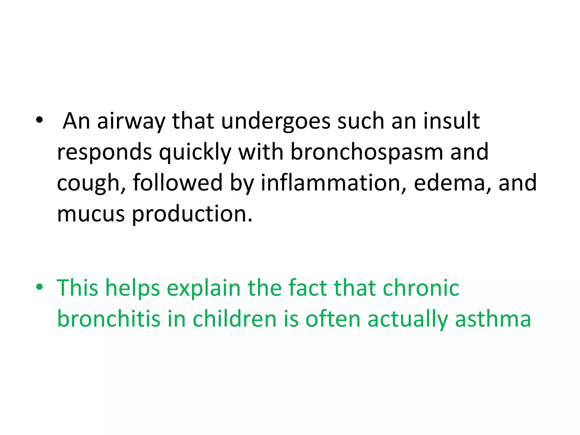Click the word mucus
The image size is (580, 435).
pos(91,214)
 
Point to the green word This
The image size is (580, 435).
pos(78,288)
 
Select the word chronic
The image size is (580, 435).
pos(421,288)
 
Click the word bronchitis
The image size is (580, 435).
pos(109,319)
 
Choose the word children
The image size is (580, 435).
pos(234,319)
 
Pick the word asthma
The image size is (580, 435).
pos(493,319)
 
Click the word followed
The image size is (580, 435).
pos(178,183)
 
